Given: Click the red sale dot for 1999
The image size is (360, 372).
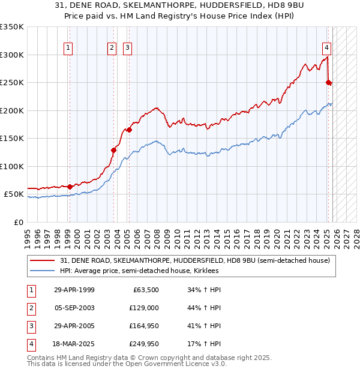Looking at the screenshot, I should tap(70, 187).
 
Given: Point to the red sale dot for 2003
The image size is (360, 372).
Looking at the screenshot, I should tap(113, 150).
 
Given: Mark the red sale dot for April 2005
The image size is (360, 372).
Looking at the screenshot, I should tap(129, 130).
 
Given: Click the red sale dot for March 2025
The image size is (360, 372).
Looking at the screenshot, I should tap(328, 83).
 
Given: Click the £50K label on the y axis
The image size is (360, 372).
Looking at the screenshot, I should tap(14, 194).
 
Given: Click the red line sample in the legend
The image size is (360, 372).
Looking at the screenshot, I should tap(44, 261).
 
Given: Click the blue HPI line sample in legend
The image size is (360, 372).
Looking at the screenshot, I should tap(44, 271).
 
